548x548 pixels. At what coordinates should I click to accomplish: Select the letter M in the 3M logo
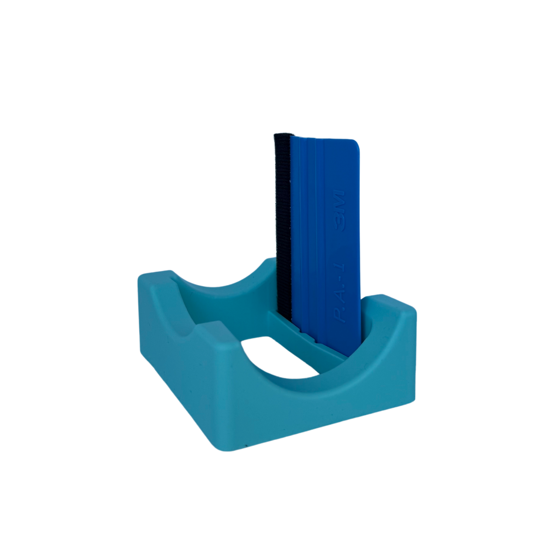pyautogui.click(x=339, y=200)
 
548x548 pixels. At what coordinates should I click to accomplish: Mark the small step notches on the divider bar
pyautogui.click(x=307, y=338)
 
